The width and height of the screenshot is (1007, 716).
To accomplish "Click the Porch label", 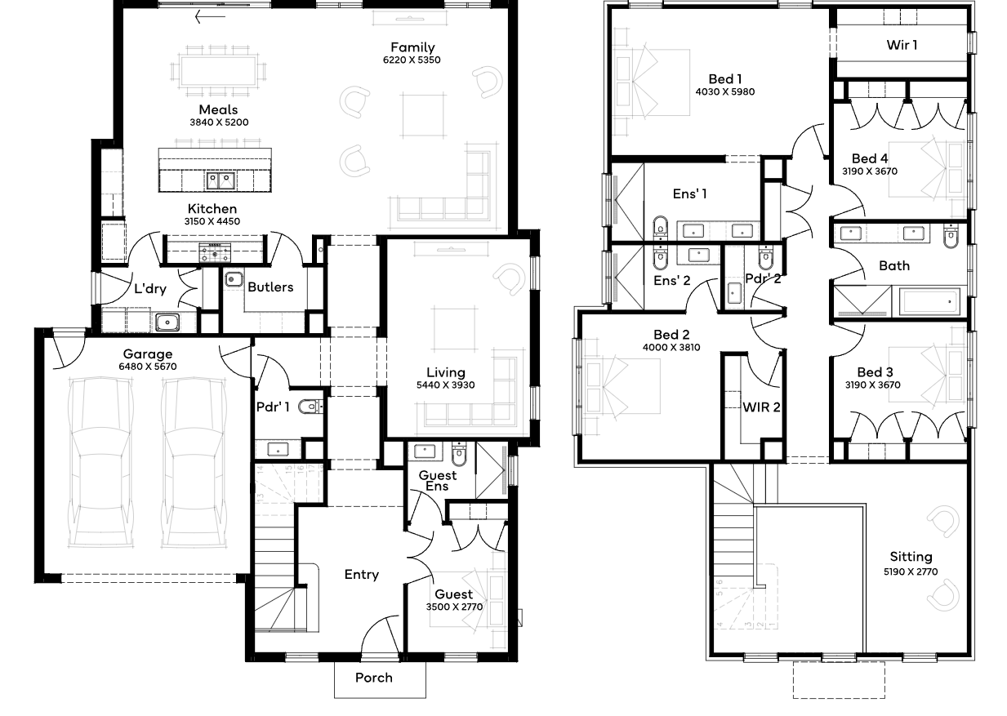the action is point(373,678).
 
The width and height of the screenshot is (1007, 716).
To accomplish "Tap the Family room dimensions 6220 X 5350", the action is point(412,60).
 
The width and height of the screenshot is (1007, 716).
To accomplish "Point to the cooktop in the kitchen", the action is point(215,252).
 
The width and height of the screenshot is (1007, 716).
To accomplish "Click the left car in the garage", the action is point(100,463).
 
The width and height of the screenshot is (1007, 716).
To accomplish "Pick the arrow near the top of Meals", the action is point(210,17).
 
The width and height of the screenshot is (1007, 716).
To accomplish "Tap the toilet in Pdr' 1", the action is point(311,407).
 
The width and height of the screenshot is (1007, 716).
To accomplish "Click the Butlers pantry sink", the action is point(234,279).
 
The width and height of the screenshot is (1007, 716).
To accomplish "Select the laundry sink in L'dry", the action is point(167,322).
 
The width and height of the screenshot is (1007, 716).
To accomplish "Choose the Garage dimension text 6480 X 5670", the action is point(148,367).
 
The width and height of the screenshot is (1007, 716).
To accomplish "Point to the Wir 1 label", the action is point(902,45).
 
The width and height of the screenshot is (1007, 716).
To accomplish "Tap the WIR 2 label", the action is point(761,407).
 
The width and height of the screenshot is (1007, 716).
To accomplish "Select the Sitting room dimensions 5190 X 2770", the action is point(911,571).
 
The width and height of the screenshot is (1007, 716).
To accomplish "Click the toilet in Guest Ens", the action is point(459,455).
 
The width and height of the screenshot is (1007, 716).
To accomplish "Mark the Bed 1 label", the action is point(725,79).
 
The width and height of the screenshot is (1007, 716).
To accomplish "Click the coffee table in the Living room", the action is point(455,329).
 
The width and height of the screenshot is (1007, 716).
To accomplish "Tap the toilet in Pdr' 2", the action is point(765,258).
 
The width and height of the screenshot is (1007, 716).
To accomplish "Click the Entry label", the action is point(362,575).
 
